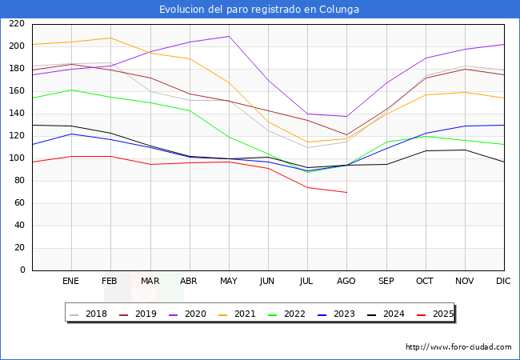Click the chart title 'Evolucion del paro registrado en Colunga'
coord(259,10)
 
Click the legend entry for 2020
coord(197,314)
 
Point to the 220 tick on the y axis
coord(16,24)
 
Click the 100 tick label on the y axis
coord(16,158)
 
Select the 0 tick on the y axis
coord(22,270)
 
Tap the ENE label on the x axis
coord(71,282)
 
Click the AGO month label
coord(346,282)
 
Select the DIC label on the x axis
coord(503,282)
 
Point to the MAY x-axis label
coord(229,282)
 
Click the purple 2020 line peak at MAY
coord(229,36)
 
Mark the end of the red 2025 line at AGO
coord(346,193)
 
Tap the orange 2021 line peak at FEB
coord(110,38)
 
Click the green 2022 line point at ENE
coord(71,90)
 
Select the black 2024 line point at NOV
coord(464,150)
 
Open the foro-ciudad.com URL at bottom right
coord(458,347)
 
